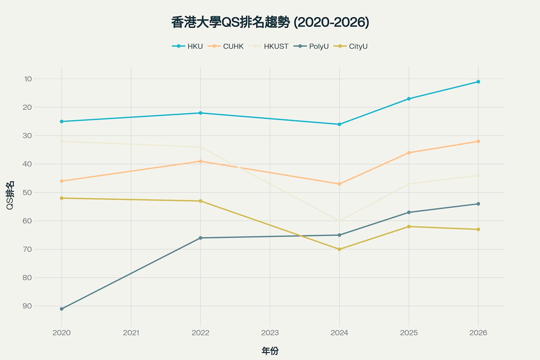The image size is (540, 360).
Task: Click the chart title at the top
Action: pyautogui.click(x=270, y=22)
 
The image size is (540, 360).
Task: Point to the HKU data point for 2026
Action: pyautogui.click(x=478, y=82)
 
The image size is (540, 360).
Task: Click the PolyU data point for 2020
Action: pyautogui.click(x=62, y=309)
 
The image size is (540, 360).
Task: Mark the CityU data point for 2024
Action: pyautogui.click(x=339, y=249)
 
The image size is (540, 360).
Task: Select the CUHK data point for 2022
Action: pyautogui.click(x=200, y=161)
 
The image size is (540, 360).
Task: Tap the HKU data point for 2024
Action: pyautogui.click(x=339, y=124)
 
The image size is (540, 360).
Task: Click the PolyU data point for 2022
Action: pyautogui.click(x=200, y=238)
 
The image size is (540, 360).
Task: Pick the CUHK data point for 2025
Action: pyautogui.click(x=409, y=153)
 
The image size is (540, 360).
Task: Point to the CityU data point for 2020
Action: pyautogui.click(x=62, y=198)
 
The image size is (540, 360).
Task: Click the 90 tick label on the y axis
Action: pyautogui.click(x=27, y=306)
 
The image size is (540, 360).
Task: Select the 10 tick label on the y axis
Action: pyautogui.click(x=28, y=79)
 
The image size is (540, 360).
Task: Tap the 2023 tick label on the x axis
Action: pyautogui.click(x=270, y=333)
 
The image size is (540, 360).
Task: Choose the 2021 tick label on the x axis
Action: pyautogui.click(x=131, y=333)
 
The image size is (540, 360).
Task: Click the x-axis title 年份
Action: pyautogui.click(x=270, y=351)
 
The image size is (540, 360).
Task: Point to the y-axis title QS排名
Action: pyautogui.click(x=10, y=195)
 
